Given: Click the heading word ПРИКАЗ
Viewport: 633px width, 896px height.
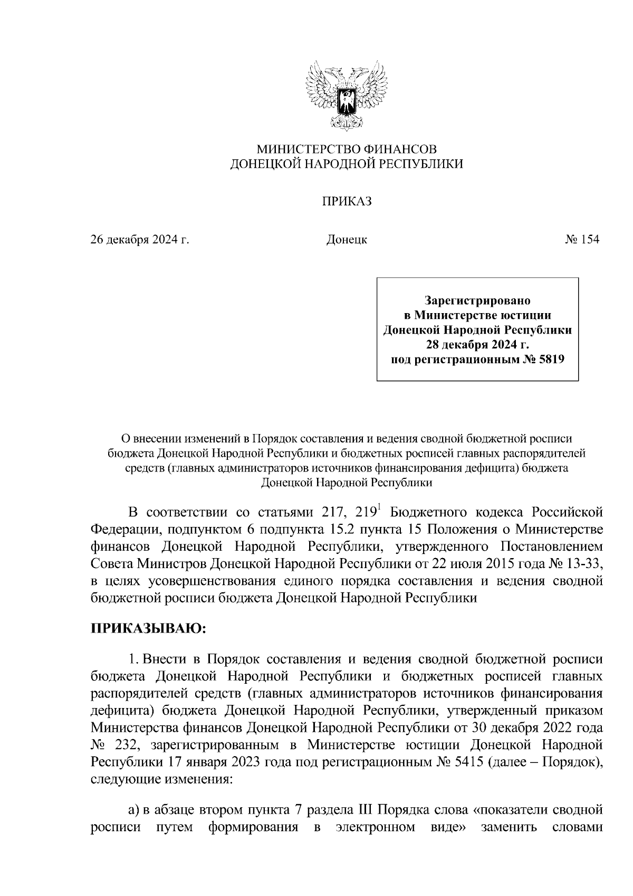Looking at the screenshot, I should [x=347, y=201].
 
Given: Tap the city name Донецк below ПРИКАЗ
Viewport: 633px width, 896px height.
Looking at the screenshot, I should [x=347, y=240].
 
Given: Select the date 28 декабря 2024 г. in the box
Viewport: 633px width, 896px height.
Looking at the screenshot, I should [x=477, y=345].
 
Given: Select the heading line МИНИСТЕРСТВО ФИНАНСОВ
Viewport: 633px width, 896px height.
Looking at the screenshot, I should [x=347, y=149].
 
